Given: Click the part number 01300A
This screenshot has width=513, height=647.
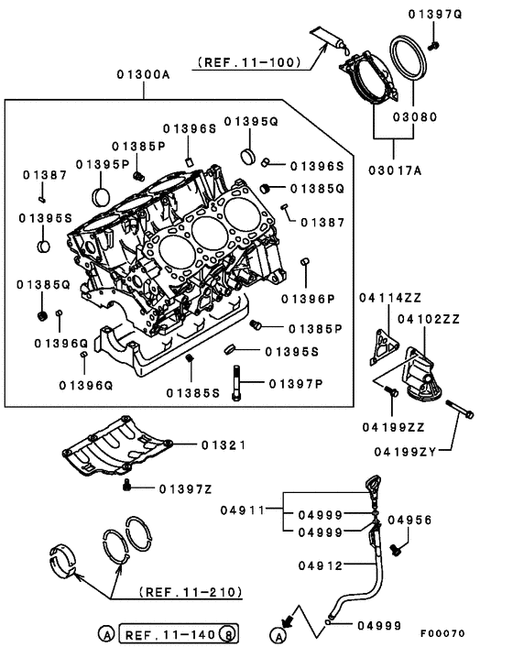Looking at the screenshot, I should pos(143,75).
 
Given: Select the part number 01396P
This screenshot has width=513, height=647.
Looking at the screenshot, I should pos(308,298).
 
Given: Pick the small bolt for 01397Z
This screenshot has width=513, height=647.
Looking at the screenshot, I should pos(130,485).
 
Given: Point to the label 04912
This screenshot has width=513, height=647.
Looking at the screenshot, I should pos(321,565).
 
